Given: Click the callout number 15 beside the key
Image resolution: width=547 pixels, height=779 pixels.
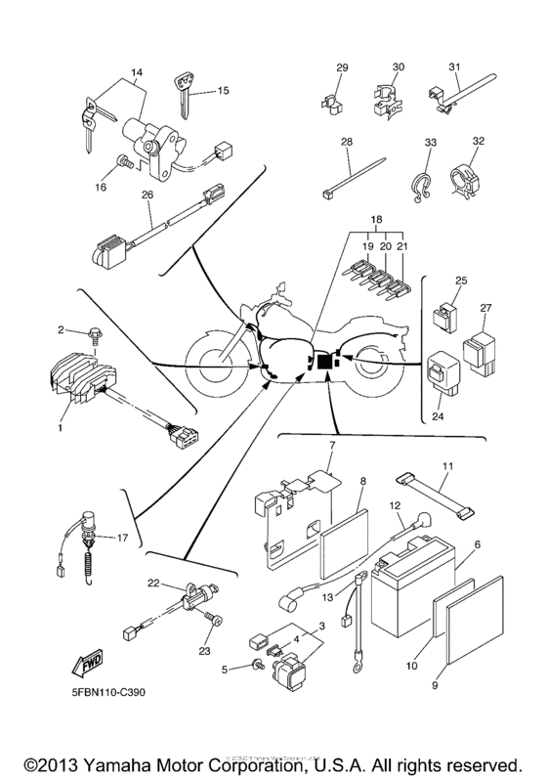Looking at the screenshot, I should (224, 91).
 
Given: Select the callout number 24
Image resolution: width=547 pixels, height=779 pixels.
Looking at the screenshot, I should (438, 413).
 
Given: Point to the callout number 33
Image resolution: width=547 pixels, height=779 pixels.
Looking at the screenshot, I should (429, 143).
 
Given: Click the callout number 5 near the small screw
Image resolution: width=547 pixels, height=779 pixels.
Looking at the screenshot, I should (225, 670).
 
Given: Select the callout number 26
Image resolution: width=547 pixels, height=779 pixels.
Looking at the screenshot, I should (147, 194).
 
